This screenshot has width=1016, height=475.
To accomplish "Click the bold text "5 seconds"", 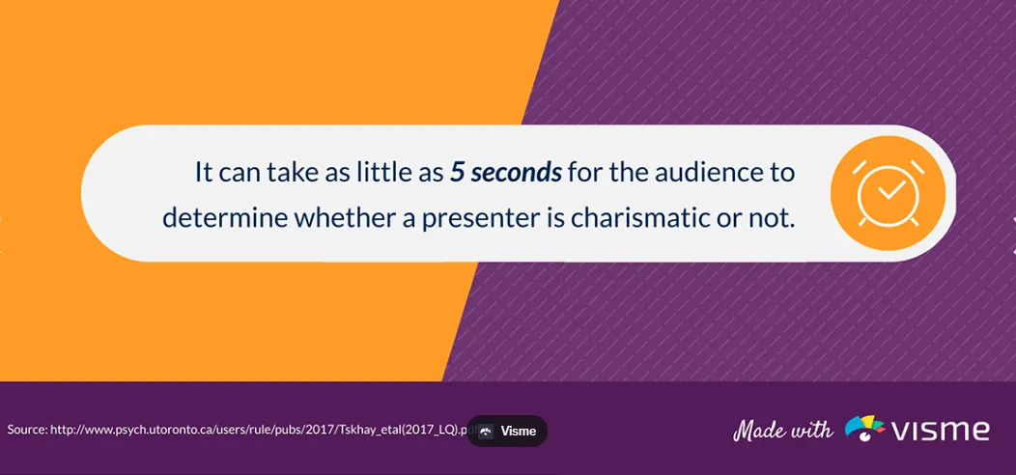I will [506, 174].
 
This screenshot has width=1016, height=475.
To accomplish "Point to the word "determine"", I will [224, 218].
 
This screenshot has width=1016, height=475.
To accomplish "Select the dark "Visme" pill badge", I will [507, 431].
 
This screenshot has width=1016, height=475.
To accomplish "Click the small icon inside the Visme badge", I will [486, 431].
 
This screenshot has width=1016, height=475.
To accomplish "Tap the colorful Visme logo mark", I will [865, 429].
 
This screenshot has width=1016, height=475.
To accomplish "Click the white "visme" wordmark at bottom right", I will [941, 429].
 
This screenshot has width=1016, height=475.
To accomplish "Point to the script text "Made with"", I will [782, 430].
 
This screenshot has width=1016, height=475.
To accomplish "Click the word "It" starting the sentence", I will [203, 174].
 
